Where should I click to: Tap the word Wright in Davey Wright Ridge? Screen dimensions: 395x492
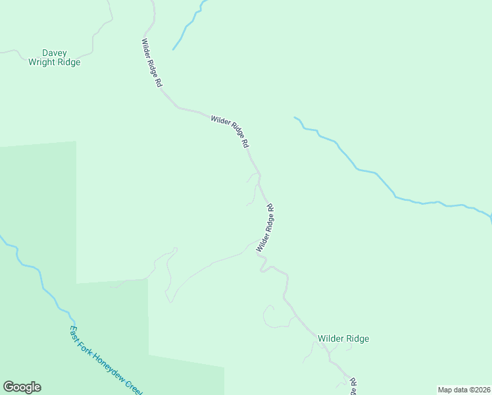43,63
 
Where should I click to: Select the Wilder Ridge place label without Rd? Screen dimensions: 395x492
343,338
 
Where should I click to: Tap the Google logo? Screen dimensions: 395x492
22,387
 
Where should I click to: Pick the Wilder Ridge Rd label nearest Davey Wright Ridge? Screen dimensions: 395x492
151,63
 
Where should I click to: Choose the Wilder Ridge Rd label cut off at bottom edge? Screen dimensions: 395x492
353,386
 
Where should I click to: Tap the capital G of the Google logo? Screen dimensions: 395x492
9,387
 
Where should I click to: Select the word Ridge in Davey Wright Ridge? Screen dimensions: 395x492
68,63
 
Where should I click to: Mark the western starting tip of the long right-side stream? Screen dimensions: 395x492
295,118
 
